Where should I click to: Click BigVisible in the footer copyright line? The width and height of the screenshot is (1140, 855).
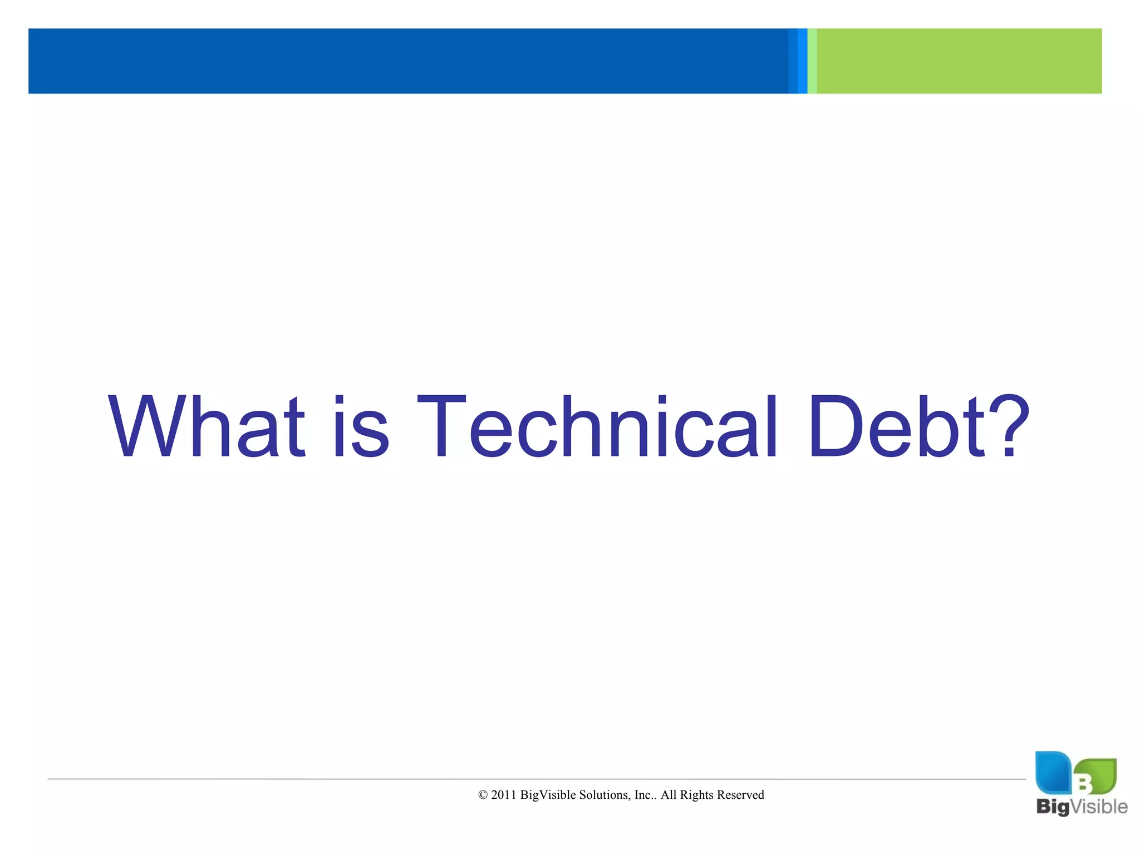tap(548, 795)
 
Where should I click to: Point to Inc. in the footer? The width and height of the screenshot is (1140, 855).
tap(644, 795)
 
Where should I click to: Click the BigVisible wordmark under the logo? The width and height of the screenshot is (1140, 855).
tap(1081, 807)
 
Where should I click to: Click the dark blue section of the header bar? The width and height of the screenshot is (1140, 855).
tap(406, 61)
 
